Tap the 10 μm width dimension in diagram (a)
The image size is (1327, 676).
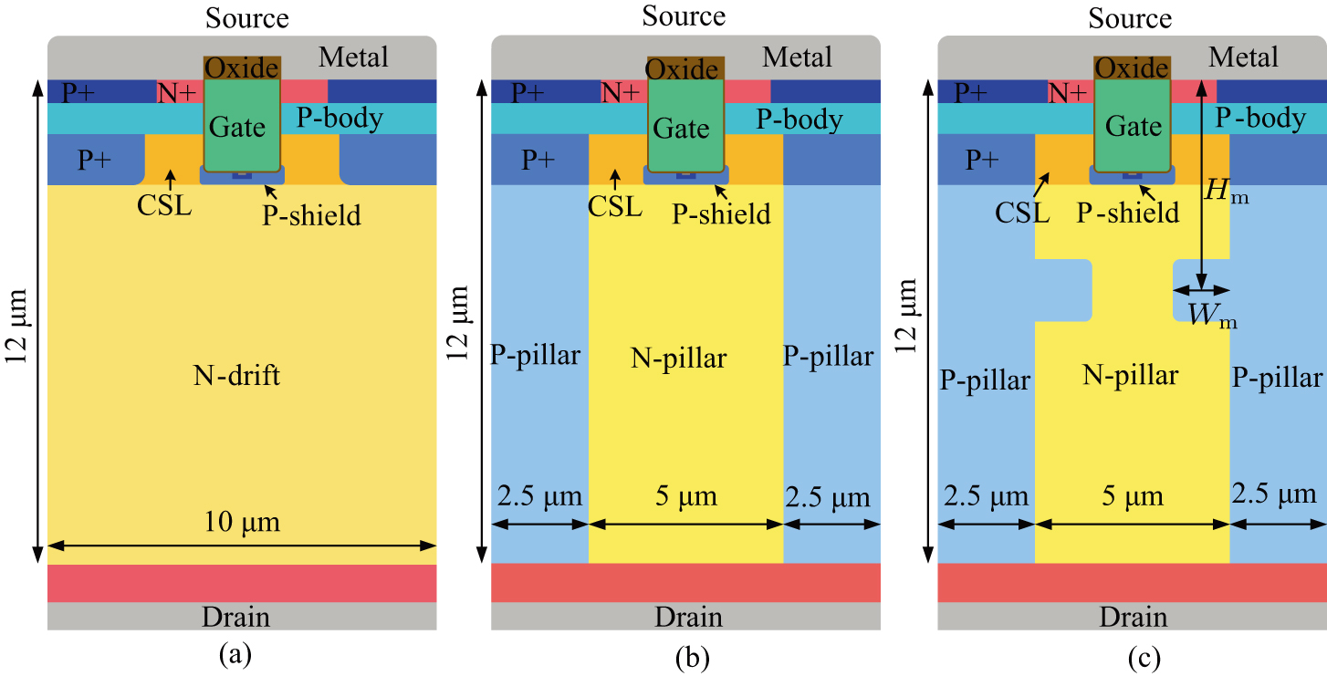[241, 523]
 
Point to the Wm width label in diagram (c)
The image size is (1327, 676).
[1211, 315]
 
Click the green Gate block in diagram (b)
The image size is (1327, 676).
[681, 128]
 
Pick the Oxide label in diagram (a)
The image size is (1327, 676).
[241, 68]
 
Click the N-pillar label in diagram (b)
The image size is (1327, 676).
[679, 359]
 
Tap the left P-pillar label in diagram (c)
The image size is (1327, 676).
[985, 380]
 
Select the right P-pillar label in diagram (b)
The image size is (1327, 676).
[829, 356]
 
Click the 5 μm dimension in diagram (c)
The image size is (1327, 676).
[1132, 496]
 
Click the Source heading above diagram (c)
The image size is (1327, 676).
[1130, 18]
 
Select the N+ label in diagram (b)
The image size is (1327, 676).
[621, 91]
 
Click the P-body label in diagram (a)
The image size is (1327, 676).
[340, 118]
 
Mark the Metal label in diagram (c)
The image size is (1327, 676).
[1244, 57]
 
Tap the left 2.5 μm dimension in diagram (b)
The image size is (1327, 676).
[539, 498]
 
